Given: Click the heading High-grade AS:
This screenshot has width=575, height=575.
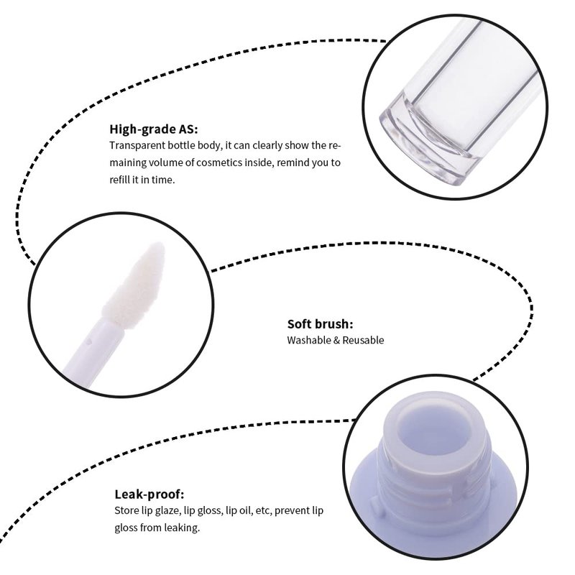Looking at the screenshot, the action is [153, 129].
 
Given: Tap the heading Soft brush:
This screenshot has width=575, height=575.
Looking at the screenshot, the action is [320, 324].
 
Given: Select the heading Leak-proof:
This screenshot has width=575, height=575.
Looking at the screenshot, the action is [149, 494].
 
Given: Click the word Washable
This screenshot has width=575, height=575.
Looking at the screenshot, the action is [309, 340].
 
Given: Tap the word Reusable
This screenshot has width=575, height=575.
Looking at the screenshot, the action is [363, 340].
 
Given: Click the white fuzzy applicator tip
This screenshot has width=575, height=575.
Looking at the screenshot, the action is [135, 285].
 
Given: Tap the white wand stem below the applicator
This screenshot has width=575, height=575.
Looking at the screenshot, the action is [92, 352].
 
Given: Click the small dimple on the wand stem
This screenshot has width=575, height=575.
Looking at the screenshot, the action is [88, 343].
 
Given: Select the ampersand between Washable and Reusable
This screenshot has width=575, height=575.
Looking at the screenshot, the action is [336, 341].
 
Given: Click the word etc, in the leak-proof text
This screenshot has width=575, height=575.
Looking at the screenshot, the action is [264, 510].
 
